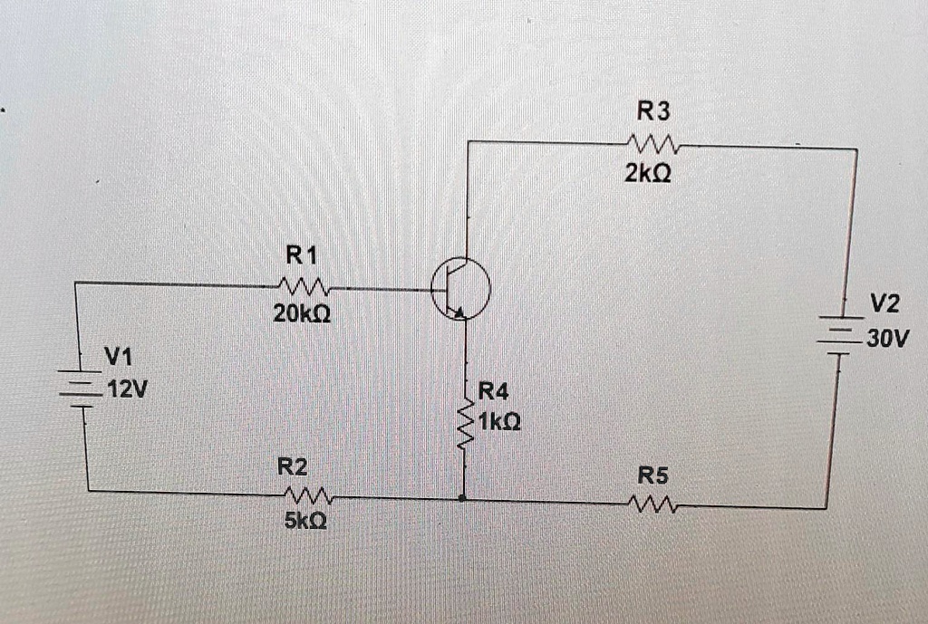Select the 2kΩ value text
tap(648, 173)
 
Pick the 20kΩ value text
tap(302, 315)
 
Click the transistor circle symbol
tap(460, 288)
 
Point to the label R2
tap(292, 467)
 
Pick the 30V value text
tap(887, 340)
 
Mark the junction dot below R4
tap(464, 497)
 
